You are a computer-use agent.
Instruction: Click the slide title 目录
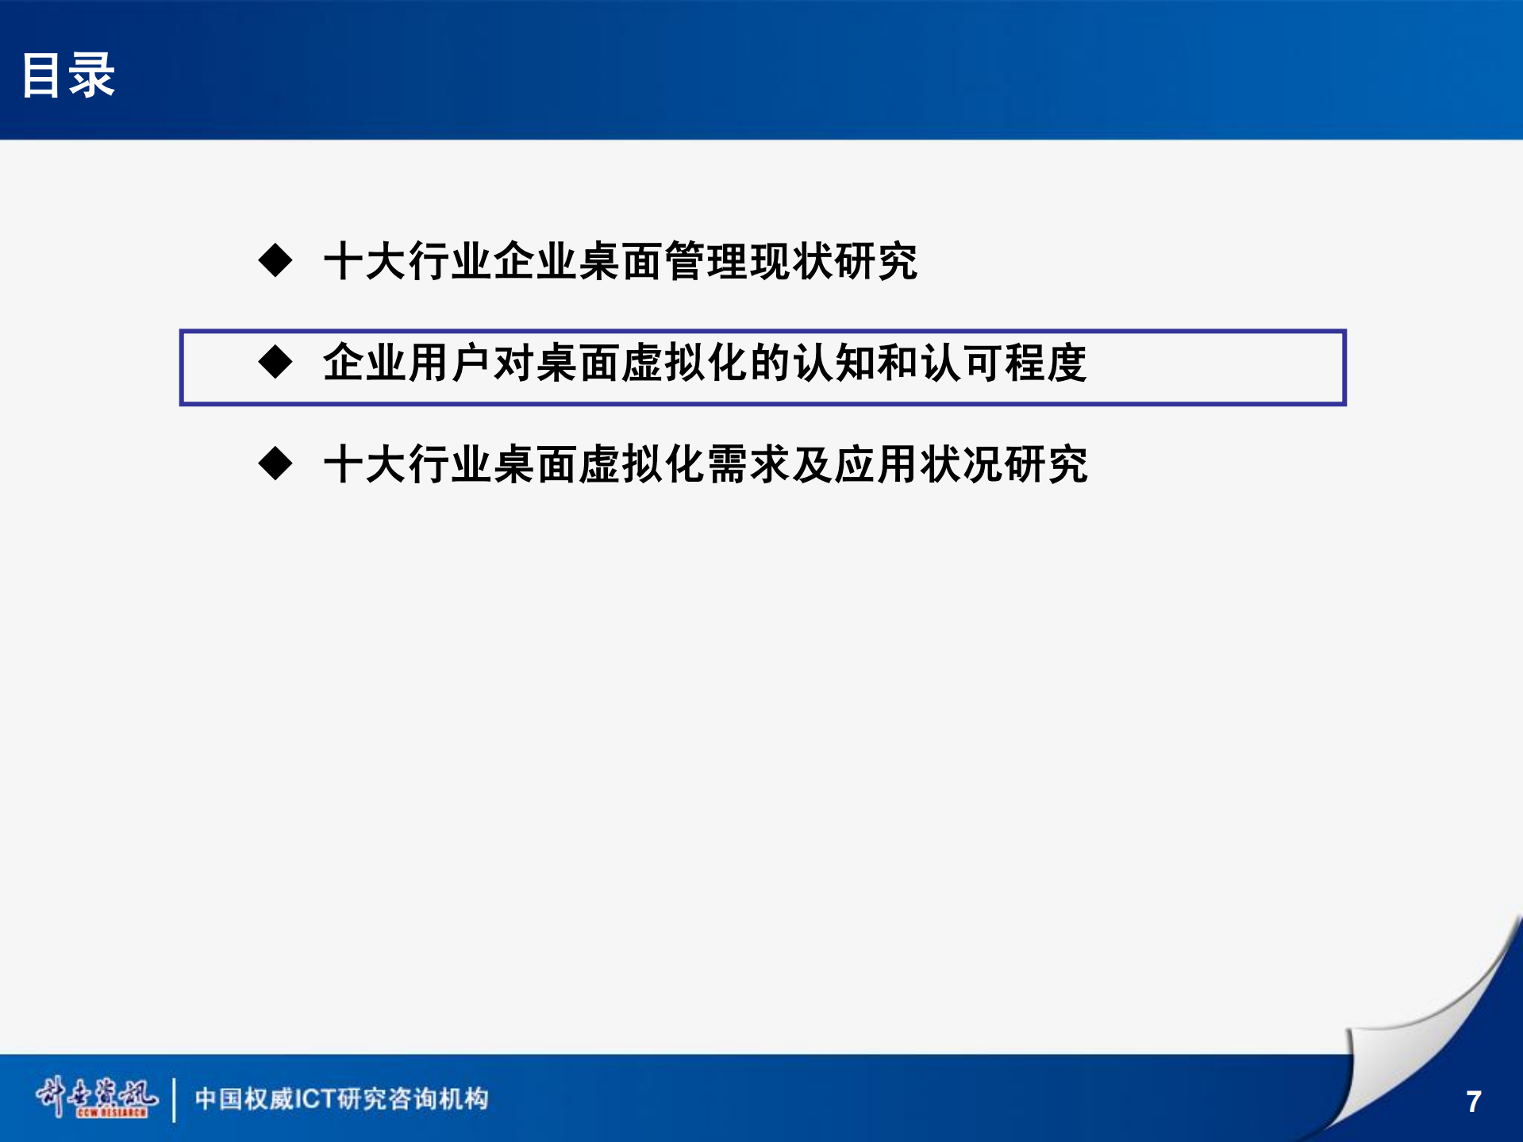point(68,75)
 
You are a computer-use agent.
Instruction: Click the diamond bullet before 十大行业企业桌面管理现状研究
point(275,260)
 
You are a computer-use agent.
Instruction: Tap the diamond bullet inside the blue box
point(275,362)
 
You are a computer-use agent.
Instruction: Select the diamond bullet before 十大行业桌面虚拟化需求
point(275,463)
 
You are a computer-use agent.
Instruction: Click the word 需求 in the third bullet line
point(749,464)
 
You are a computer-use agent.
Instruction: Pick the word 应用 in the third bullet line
point(877,464)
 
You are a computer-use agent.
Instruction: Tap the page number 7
point(1473,1102)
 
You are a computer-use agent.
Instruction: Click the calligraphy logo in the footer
point(96,1097)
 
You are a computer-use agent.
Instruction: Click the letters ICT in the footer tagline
point(316,1099)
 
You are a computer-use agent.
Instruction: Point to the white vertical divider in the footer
point(174,1099)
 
